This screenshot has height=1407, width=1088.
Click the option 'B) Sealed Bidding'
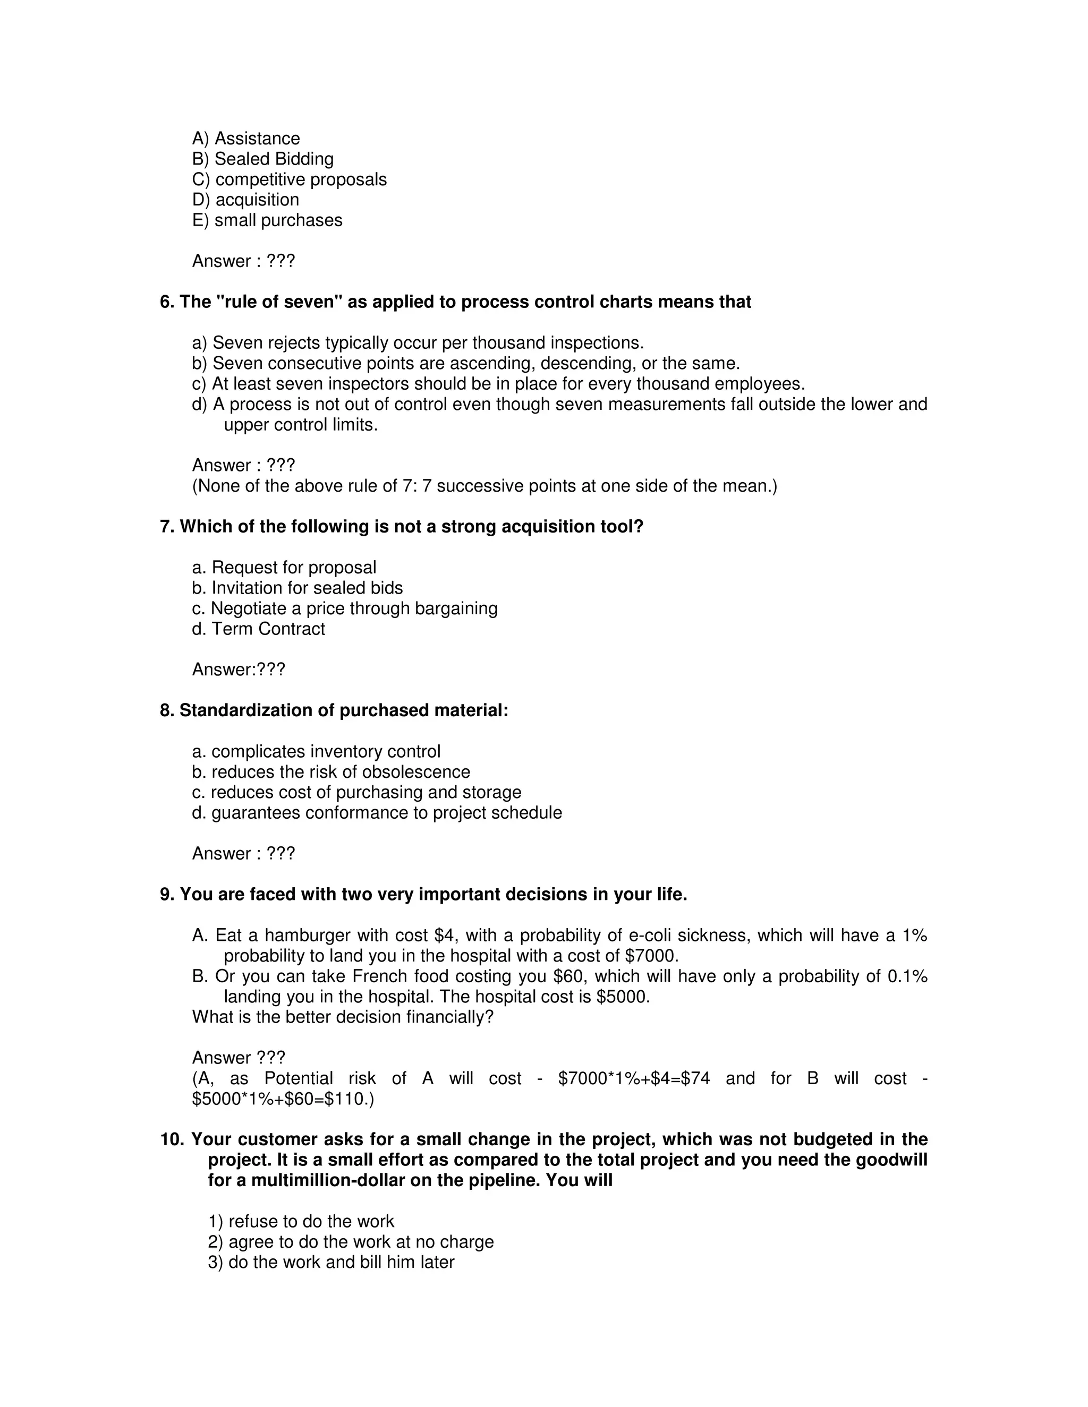click(262, 159)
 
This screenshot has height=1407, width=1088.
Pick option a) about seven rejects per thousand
click(418, 343)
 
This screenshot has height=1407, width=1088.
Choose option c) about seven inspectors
click(498, 384)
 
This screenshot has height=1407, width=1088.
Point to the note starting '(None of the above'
click(484, 486)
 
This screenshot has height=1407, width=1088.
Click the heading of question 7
click(402, 527)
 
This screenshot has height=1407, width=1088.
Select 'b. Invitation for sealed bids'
click(297, 588)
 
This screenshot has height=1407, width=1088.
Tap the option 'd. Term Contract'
click(259, 629)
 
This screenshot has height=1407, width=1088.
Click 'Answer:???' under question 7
click(239, 670)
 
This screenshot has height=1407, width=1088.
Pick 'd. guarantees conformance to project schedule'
click(377, 813)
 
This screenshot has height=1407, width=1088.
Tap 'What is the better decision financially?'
click(342, 1017)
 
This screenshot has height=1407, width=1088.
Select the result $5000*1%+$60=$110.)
click(283, 1099)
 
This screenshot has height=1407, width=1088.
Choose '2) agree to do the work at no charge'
click(351, 1242)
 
